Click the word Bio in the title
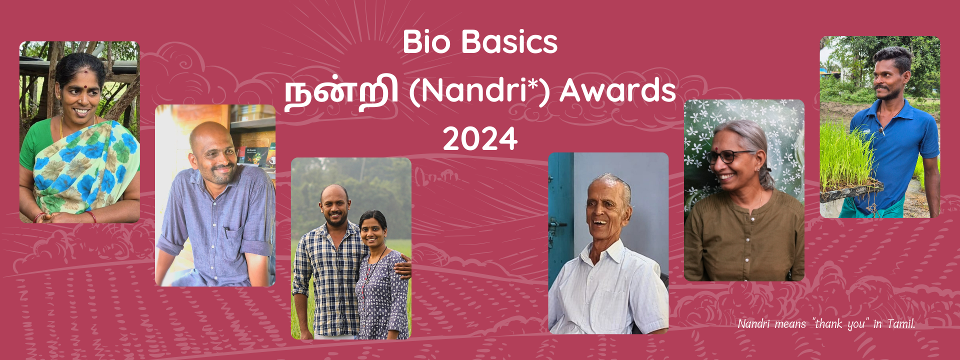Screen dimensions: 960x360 pos(426,41)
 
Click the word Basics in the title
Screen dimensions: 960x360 pos(509,41)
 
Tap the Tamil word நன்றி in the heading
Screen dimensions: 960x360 pos(341,92)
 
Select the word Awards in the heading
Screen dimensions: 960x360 pos(618,90)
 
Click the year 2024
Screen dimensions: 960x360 pos(480,139)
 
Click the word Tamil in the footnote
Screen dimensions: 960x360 pos(901,324)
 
